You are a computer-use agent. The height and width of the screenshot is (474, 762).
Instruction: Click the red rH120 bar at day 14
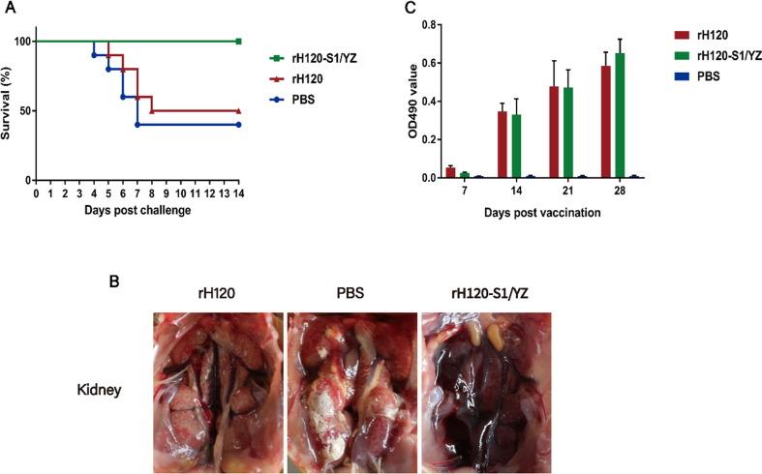coord(503,144)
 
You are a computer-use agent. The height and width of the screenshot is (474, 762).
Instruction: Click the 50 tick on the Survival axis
coord(22,110)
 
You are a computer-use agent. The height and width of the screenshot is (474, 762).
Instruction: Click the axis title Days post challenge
coord(136,209)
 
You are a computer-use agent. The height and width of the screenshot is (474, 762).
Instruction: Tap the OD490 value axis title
coord(391,100)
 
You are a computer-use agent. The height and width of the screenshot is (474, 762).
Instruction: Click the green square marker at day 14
coord(238,41)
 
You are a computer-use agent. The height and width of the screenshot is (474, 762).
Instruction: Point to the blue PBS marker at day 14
coord(238,124)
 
